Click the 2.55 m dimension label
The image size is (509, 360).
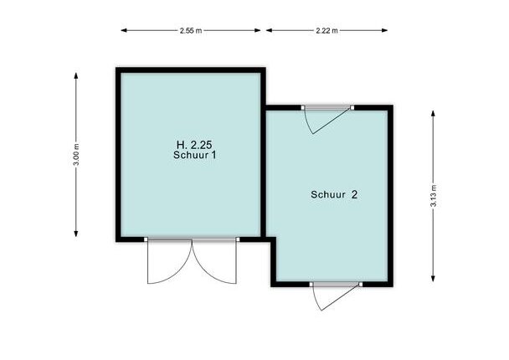pyautogui.click(x=191, y=30)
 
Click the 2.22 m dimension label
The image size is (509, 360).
pyautogui.click(x=326, y=30)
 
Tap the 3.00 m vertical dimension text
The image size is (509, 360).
pyautogui.click(x=76, y=155)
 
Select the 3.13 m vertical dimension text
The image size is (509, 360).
pyautogui.click(x=433, y=195)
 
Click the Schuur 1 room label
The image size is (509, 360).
pyautogui.click(x=194, y=155)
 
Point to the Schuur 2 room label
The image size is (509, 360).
pyautogui.click(x=334, y=194)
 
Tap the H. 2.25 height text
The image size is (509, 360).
pyautogui.click(x=194, y=145)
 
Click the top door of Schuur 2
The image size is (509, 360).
pyautogui.click(x=327, y=119)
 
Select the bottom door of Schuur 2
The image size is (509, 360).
pyautogui.click(x=337, y=296)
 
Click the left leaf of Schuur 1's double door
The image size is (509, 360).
pyautogui.click(x=170, y=262)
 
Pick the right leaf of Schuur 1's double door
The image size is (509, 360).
pyautogui.click(x=214, y=262)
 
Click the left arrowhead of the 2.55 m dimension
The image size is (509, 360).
pyautogui.click(x=124, y=30)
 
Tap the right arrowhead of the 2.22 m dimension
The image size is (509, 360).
pyautogui.click(x=384, y=30)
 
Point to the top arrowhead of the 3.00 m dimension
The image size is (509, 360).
pyautogui.click(x=76, y=75)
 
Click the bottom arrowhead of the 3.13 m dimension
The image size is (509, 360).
pyautogui.click(x=433, y=278)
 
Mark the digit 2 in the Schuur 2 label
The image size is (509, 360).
pyautogui.click(x=354, y=194)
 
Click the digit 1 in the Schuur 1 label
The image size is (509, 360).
pyautogui.click(x=213, y=155)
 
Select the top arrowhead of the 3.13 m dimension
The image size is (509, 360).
pyautogui.click(x=433, y=113)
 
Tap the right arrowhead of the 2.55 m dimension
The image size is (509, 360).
pyautogui.click(x=258, y=30)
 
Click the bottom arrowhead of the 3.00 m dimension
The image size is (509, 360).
pyautogui.click(x=76, y=234)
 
